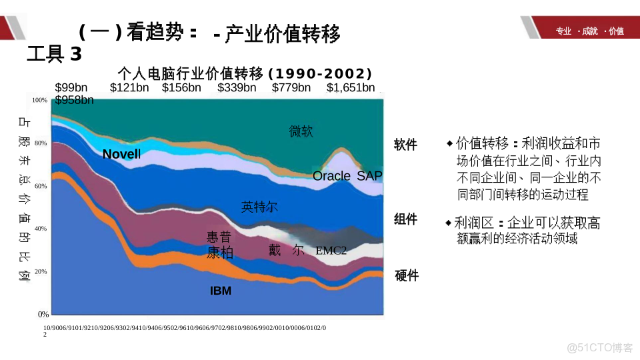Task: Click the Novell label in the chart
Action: (121, 155)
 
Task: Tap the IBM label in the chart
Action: (221, 291)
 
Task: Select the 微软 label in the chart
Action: (301, 131)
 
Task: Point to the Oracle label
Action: (331, 176)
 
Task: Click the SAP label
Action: (370, 176)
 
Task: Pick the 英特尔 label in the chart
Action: (259, 207)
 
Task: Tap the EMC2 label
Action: (331, 251)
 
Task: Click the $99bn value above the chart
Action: (71, 87)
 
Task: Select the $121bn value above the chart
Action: (129, 87)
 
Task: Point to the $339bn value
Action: (237, 87)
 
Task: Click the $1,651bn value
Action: (351, 87)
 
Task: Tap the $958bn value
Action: (74, 100)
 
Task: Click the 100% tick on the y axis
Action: (40, 100)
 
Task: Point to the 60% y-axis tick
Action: (41, 186)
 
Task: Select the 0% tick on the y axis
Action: (43, 314)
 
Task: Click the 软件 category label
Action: (405, 145)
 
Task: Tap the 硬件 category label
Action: (407, 275)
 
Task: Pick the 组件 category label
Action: (405, 219)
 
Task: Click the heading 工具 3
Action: (54, 54)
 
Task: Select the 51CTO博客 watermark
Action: (600, 347)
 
